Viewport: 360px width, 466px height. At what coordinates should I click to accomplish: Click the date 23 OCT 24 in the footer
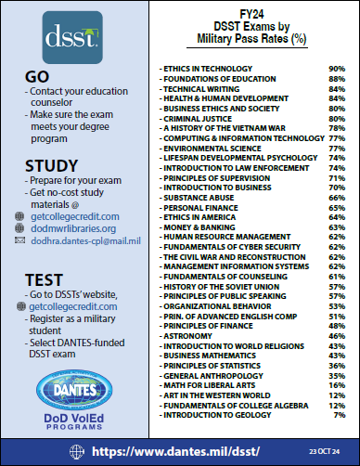point(324,451)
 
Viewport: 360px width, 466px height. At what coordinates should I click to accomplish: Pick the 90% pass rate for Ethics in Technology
point(337,69)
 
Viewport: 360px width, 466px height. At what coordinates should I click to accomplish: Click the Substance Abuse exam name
point(198,197)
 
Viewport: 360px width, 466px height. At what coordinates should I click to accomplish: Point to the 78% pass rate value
point(337,127)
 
